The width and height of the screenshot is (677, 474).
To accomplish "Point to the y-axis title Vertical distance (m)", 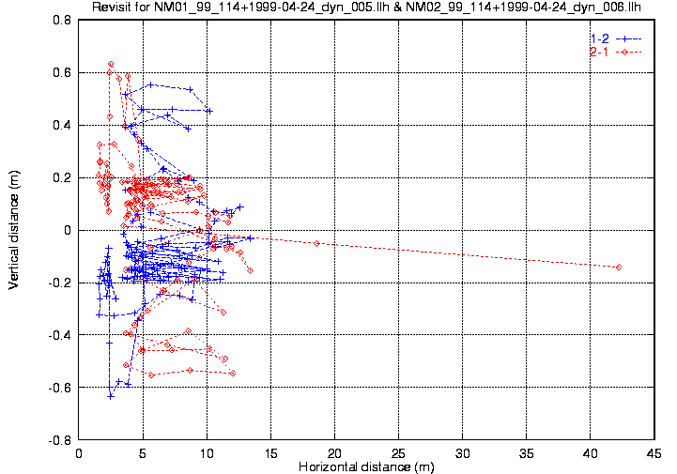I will point(14,230).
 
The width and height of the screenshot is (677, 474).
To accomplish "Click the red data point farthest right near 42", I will point(619,268).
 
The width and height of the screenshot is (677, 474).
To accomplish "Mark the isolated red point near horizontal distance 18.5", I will point(316,243).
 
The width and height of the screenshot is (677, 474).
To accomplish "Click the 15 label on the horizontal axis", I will point(270,452).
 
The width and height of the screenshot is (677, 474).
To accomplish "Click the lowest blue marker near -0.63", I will point(110,396).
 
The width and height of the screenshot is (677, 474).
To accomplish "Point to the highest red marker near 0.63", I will point(111,64).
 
